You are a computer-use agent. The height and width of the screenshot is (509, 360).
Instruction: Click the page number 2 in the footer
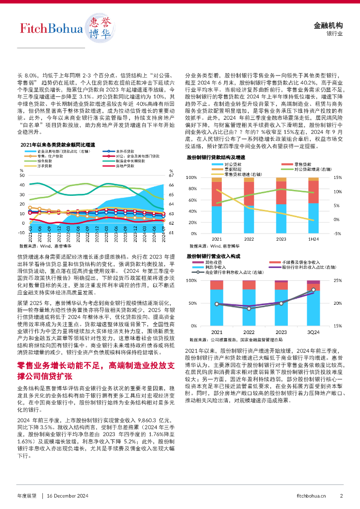pyautogui.click(x=342, y=496)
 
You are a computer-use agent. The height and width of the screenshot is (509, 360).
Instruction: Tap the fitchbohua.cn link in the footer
pyautogui.click(x=311, y=496)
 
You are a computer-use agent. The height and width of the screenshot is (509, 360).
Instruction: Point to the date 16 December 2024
pyautogui.click(x=67, y=496)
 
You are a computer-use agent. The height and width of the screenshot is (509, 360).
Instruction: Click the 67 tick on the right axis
pyautogui.click(x=171, y=175)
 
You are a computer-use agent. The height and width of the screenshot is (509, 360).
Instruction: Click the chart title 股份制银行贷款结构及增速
pyautogui.click(x=216, y=157)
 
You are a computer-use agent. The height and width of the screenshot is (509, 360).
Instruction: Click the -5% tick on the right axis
pyautogui.click(x=336, y=234)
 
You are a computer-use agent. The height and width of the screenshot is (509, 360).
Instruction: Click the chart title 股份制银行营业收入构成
pyautogui.click(x=213, y=255)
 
